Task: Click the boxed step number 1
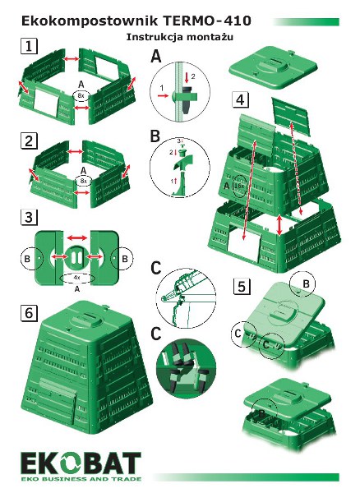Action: pos(29,46)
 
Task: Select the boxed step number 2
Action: pos(29,141)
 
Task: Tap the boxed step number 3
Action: pos(29,217)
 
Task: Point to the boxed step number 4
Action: pos(240,99)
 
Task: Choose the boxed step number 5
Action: pos(242,286)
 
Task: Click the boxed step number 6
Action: pos(29,313)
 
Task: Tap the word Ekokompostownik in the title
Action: pos(90,21)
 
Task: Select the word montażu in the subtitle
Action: pos(210,37)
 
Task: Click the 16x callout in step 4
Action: pos(239,187)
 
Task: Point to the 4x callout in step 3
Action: pos(77,279)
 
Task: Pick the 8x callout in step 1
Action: pos(81,95)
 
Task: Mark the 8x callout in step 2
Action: pos(83,181)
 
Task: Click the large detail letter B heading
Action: pos(155,136)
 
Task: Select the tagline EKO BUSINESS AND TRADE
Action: pos(81,479)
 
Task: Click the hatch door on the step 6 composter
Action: pos(58,394)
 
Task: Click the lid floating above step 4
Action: pos(273,67)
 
